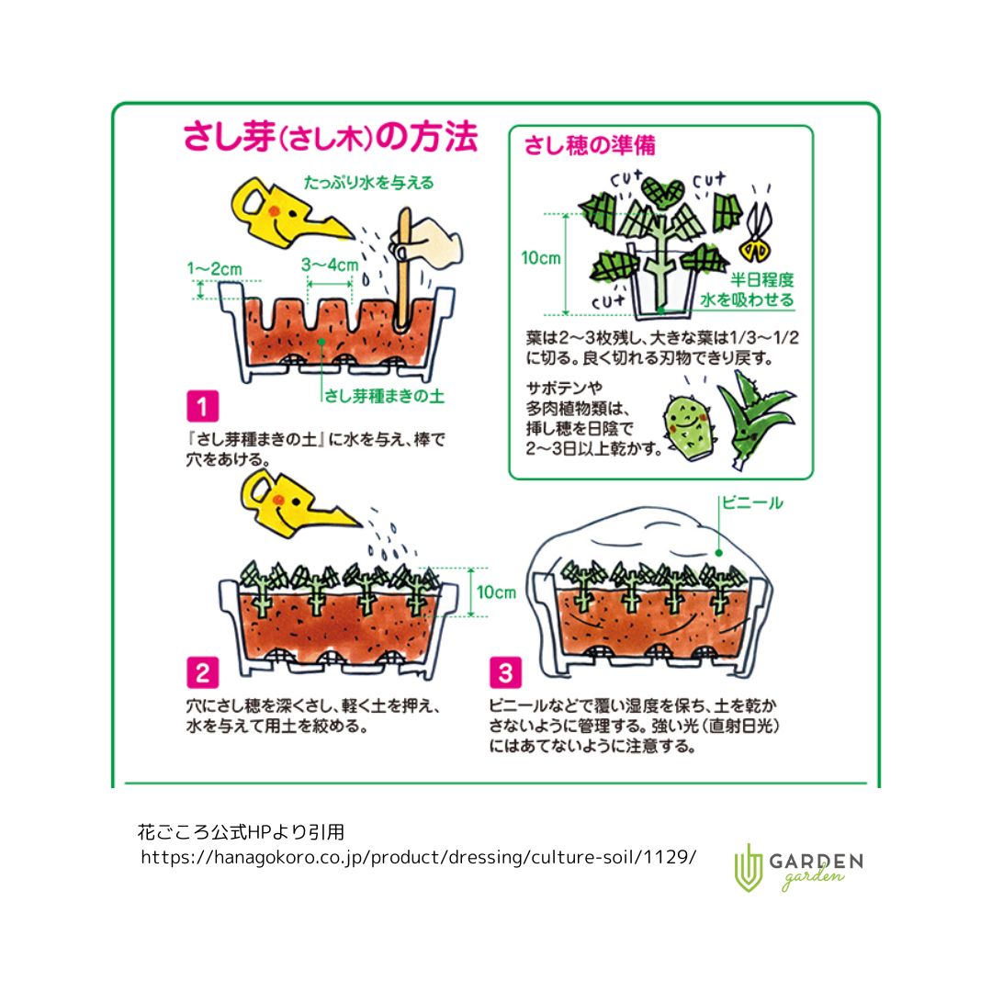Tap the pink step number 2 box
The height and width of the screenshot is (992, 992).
click(x=201, y=673)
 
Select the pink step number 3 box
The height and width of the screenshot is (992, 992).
click(x=505, y=673)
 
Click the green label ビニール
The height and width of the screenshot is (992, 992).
click(x=752, y=502)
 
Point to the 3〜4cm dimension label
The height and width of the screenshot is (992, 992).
click(x=330, y=265)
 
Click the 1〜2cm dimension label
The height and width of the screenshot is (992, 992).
click(x=214, y=269)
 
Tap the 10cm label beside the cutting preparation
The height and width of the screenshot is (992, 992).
click(x=541, y=258)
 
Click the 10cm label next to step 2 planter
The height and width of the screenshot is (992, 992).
click(x=497, y=592)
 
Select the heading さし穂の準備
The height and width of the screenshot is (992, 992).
click(x=590, y=146)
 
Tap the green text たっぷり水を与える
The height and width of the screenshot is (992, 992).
click(x=369, y=183)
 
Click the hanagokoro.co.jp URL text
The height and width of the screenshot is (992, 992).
click(x=419, y=857)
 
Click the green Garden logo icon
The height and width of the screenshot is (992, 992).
click(x=749, y=866)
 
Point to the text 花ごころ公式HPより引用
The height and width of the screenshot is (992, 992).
click(x=241, y=832)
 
